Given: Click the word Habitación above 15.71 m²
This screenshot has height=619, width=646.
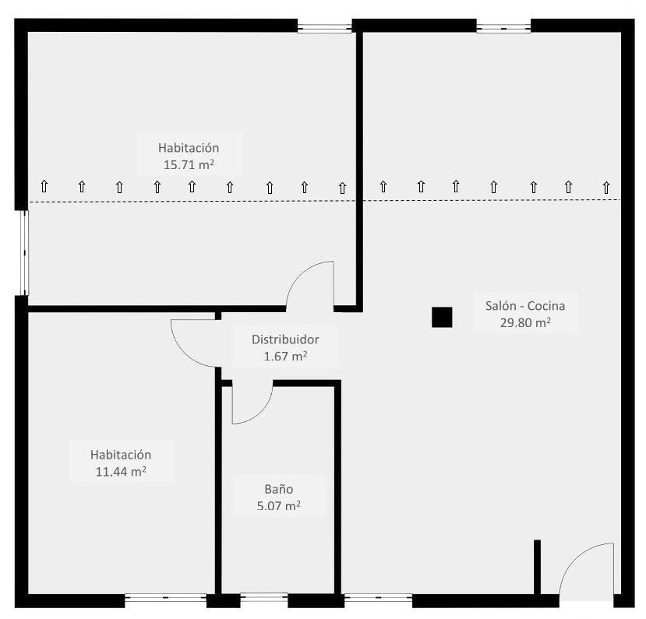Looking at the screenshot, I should pyautogui.click(x=188, y=147).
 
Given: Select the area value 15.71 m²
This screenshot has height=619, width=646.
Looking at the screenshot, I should pyautogui.click(x=188, y=164).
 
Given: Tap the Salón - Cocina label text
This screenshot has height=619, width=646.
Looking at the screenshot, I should pyautogui.click(x=524, y=306).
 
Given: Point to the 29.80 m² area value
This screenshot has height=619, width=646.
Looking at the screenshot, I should pyautogui.click(x=524, y=323).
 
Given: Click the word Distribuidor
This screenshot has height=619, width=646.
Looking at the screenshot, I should pyautogui.click(x=284, y=339).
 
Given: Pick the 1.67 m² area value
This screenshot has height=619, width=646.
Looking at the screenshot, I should pyautogui.click(x=284, y=357).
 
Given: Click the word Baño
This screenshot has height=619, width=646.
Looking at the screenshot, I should pyautogui.click(x=278, y=489).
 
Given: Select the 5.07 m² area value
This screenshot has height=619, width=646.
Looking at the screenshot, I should pyautogui.click(x=278, y=506).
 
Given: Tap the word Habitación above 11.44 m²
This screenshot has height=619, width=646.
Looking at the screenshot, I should pyautogui.click(x=120, y=455).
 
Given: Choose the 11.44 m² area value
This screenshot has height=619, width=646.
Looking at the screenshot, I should pyautogui.click(x=120, y=472).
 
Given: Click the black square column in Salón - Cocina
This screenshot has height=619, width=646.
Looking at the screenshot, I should pyautogui.click(x=442, y=318).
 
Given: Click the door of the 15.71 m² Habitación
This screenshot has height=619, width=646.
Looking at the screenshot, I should pyautogui.click(x=312, y=282).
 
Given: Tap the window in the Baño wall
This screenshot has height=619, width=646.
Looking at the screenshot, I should pyautogui.click(x=264, y=600).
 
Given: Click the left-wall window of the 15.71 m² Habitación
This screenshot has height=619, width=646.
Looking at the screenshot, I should pyautogui.click(x=23, y=253).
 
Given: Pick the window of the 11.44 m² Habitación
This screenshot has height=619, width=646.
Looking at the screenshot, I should pyautogui.click(x=165, y=600).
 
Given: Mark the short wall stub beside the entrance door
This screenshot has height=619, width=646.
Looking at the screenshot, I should pyautogui.click(x=537, y=567).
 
